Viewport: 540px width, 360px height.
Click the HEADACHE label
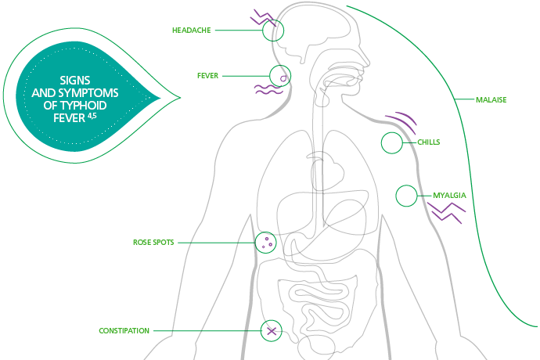(192, 31)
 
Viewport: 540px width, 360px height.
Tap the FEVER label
(207, 76)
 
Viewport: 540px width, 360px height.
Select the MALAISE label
(491, 100)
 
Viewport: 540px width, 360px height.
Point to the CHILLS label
(429, 142)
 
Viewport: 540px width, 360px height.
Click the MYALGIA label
(450, 195)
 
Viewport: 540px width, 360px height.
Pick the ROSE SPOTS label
(153, 243)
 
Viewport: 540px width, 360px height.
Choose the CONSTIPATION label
(124, 331)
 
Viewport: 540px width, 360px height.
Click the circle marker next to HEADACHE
(272, 31)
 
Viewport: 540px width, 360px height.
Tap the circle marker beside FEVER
(280, 76)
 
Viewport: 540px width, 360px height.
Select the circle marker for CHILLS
(391, 143)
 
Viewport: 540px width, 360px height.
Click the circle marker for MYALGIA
(406, 196)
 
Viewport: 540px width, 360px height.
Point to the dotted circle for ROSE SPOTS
(266, 243)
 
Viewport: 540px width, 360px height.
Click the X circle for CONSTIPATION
(271, 331)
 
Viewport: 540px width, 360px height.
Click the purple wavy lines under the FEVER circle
(268, 90)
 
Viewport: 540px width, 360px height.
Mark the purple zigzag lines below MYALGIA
(445, 211)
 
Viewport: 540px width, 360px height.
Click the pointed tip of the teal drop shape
(179, 98)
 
